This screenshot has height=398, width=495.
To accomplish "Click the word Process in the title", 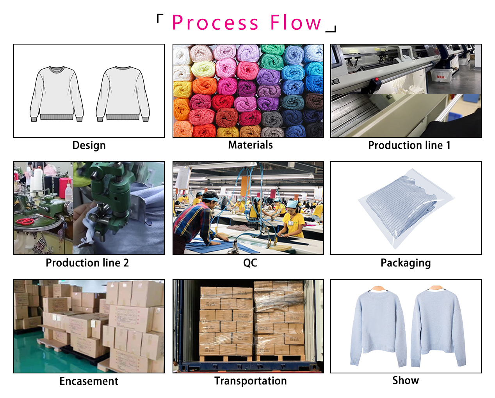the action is point(215,23).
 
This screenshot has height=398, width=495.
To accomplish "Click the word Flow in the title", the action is point(296,22).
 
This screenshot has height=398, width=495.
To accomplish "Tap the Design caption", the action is point(89,145).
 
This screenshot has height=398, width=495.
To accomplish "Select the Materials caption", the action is point(250,145).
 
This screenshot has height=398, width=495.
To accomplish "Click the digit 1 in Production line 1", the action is point(448,145).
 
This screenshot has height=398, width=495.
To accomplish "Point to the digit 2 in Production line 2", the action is point(126,263).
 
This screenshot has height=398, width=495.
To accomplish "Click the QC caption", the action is point(250,263).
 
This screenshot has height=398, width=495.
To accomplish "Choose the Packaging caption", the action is point(406,263).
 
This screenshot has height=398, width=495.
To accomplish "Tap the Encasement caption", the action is point(89,381).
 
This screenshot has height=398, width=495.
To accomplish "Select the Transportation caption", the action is point(251,381).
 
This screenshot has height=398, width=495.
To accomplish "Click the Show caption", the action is point(406,380).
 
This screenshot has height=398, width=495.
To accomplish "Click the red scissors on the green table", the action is point(25,221).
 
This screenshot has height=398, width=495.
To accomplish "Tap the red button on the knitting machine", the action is point(377,80).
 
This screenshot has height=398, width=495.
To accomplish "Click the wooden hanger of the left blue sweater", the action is point(378,288).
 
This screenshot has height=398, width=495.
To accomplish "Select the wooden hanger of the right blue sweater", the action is point(436,288).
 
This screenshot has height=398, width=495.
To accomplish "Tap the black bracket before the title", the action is point(160,18).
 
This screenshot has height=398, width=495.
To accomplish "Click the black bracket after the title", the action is point(331,29).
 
